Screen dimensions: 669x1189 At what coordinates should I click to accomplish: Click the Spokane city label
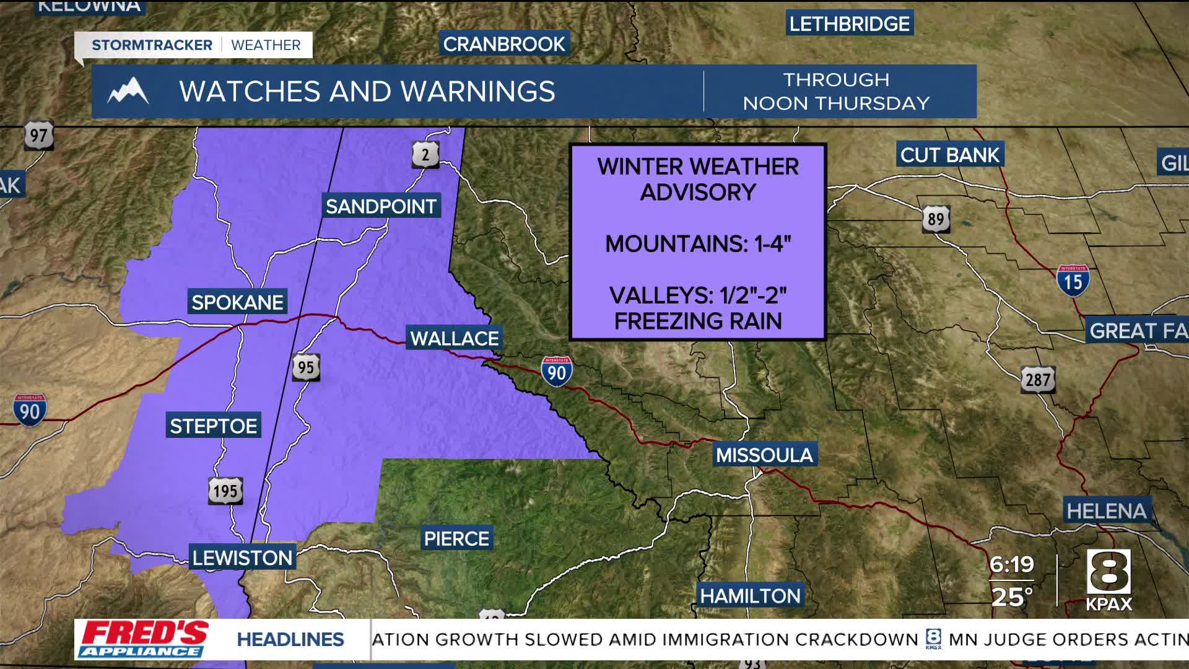237,302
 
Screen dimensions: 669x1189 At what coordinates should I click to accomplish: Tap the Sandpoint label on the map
381,206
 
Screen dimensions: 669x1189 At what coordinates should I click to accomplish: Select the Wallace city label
454,338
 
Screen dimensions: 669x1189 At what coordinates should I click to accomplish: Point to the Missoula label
764,455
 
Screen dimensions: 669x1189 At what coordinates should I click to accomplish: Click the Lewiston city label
242,558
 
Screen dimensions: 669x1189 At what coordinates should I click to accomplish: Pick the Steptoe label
213,426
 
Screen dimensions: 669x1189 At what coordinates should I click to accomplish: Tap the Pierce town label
456,539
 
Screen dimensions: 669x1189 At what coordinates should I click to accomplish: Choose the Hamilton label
750,596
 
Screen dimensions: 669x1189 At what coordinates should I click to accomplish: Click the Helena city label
1107,511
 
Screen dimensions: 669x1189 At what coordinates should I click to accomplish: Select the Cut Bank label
949,155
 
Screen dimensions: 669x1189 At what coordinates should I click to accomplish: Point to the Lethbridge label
849,24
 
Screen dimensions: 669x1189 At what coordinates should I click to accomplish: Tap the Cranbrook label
504,45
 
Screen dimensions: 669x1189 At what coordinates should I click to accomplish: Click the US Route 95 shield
306,367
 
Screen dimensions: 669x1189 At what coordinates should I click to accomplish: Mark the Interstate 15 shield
1073,281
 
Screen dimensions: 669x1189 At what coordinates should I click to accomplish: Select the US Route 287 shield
1038,380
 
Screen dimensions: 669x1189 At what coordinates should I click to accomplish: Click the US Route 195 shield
225,491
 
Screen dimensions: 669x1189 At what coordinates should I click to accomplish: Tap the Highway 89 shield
936,219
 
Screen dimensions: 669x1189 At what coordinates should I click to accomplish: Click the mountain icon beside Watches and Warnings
128,91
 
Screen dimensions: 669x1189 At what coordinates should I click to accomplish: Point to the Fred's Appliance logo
143,639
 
